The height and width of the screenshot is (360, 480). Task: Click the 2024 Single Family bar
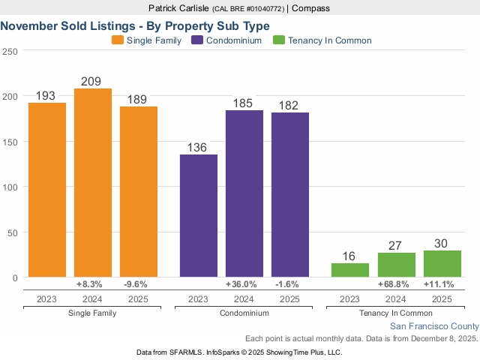tap(93, 183)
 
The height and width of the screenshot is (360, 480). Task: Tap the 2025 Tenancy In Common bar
tap(442, 264)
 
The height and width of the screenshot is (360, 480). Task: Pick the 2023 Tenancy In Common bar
tap(350, 270)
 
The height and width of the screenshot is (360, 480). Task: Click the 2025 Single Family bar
tap(139, 192)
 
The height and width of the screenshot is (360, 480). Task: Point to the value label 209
tap(93, 81)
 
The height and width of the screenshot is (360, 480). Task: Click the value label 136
tap(198, 147)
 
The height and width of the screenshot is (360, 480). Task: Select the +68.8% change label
tap(396, 285)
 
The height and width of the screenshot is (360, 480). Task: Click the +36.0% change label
tap(244, 285)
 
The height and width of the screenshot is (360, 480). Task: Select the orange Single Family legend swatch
tap(118, 40)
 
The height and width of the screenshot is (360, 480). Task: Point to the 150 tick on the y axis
tap(10, 142)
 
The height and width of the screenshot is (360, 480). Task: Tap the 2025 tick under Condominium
tap(289, 299)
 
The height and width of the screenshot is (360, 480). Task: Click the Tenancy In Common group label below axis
tap(396, 313)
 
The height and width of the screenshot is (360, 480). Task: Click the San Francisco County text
tap(434, 326)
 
